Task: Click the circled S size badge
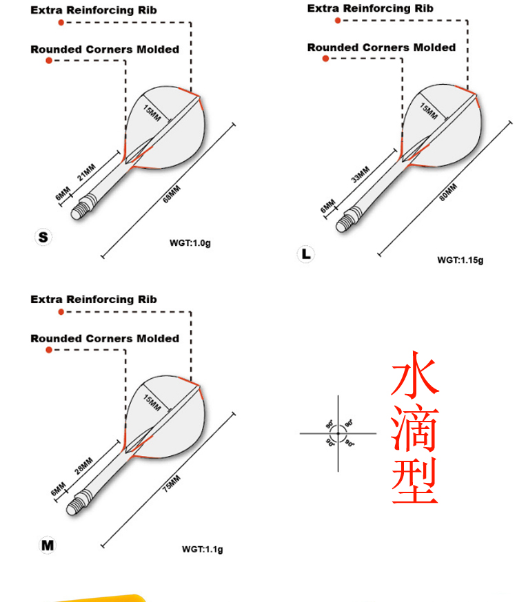click(43, 237)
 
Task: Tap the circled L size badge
click(306, 253)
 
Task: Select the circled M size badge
click(47, 545)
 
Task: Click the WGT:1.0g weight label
click(190, 243)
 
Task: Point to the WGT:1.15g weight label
click(460, 260)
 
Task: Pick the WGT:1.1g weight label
click(202, 549)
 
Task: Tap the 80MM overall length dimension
click(449, 191)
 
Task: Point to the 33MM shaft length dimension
click(360, 174)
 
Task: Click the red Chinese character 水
click(415, 374)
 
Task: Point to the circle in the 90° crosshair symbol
click(338, 433)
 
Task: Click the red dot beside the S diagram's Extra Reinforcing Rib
click(61, 23)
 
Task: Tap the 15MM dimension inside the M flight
click(152, 402)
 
